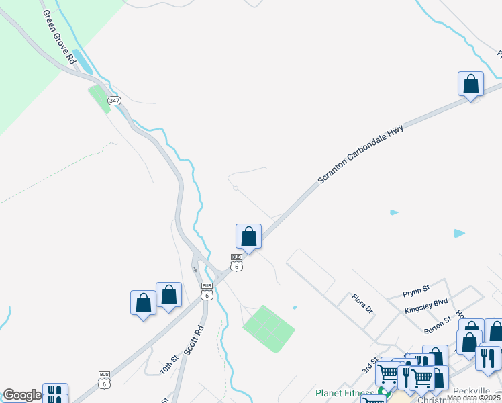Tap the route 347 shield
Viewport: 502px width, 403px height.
[115, 101]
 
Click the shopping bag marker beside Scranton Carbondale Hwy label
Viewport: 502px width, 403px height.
[470, 85]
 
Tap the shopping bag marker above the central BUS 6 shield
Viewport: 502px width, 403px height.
[248, 237]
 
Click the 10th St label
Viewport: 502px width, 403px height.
[168, 365]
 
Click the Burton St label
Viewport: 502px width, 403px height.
[440, 327]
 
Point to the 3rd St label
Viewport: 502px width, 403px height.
[369, 365]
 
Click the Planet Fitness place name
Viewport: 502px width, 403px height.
[346, 393]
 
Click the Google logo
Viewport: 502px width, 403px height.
[21, 395]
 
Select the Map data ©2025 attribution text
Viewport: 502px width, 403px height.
[473, 398]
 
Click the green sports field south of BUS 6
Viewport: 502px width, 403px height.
[268, 328]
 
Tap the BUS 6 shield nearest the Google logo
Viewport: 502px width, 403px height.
[104, 379]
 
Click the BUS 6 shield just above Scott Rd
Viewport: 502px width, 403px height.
[207, 291]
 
